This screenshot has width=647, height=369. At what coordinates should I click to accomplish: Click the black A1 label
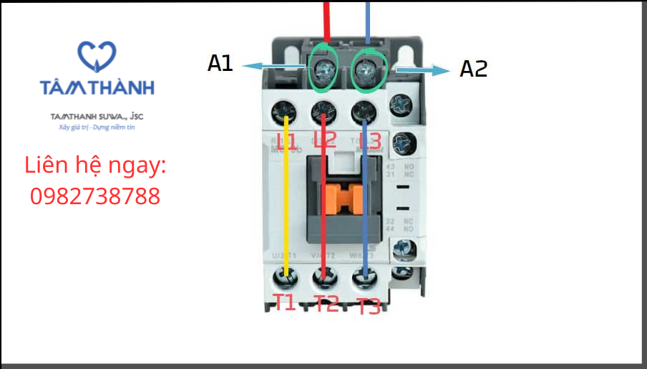[220, 64]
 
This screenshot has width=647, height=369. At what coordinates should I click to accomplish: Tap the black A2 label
[473, 69]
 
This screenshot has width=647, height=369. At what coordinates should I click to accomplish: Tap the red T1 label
[285, 302]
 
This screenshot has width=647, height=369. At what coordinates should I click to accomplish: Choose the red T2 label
[326, 304]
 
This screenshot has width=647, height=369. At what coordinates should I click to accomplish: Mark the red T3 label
[369, 307]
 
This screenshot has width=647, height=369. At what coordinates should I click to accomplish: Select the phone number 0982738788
[95, 196]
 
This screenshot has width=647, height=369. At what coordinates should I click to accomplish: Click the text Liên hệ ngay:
[96, 166]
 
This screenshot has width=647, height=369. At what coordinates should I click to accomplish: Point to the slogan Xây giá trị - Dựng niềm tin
[97, 128]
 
